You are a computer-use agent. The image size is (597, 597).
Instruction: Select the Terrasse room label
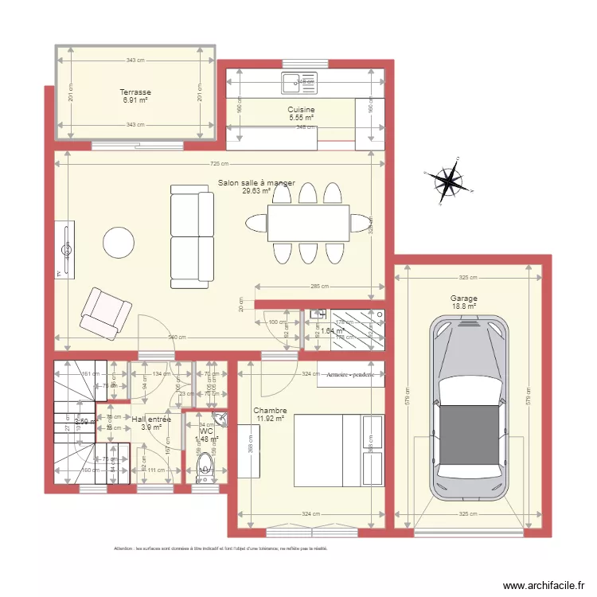click(136, 92)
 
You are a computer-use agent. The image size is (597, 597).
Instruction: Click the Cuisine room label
click(301, 110)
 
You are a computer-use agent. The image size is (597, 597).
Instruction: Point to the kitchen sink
click(298, 80)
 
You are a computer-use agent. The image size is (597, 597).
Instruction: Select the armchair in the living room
click(104, 312)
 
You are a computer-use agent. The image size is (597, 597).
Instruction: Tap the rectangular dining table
click(308, 223)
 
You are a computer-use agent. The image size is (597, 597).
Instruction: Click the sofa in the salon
click(192, 236)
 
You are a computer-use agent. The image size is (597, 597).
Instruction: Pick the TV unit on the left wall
click(66, 251)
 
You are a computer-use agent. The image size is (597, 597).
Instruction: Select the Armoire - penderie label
click(350, 373)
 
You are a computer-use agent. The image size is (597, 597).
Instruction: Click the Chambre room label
click(271, 411)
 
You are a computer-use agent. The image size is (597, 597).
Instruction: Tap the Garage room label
click(462, 298)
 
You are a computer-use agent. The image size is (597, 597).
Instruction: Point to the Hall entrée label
click(151, 419)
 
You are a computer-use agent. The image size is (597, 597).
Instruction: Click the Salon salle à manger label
click(256, 183)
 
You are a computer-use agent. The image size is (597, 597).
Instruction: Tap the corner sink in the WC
click(220, 420)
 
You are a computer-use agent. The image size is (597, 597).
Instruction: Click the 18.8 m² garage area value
click(463, 306)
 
